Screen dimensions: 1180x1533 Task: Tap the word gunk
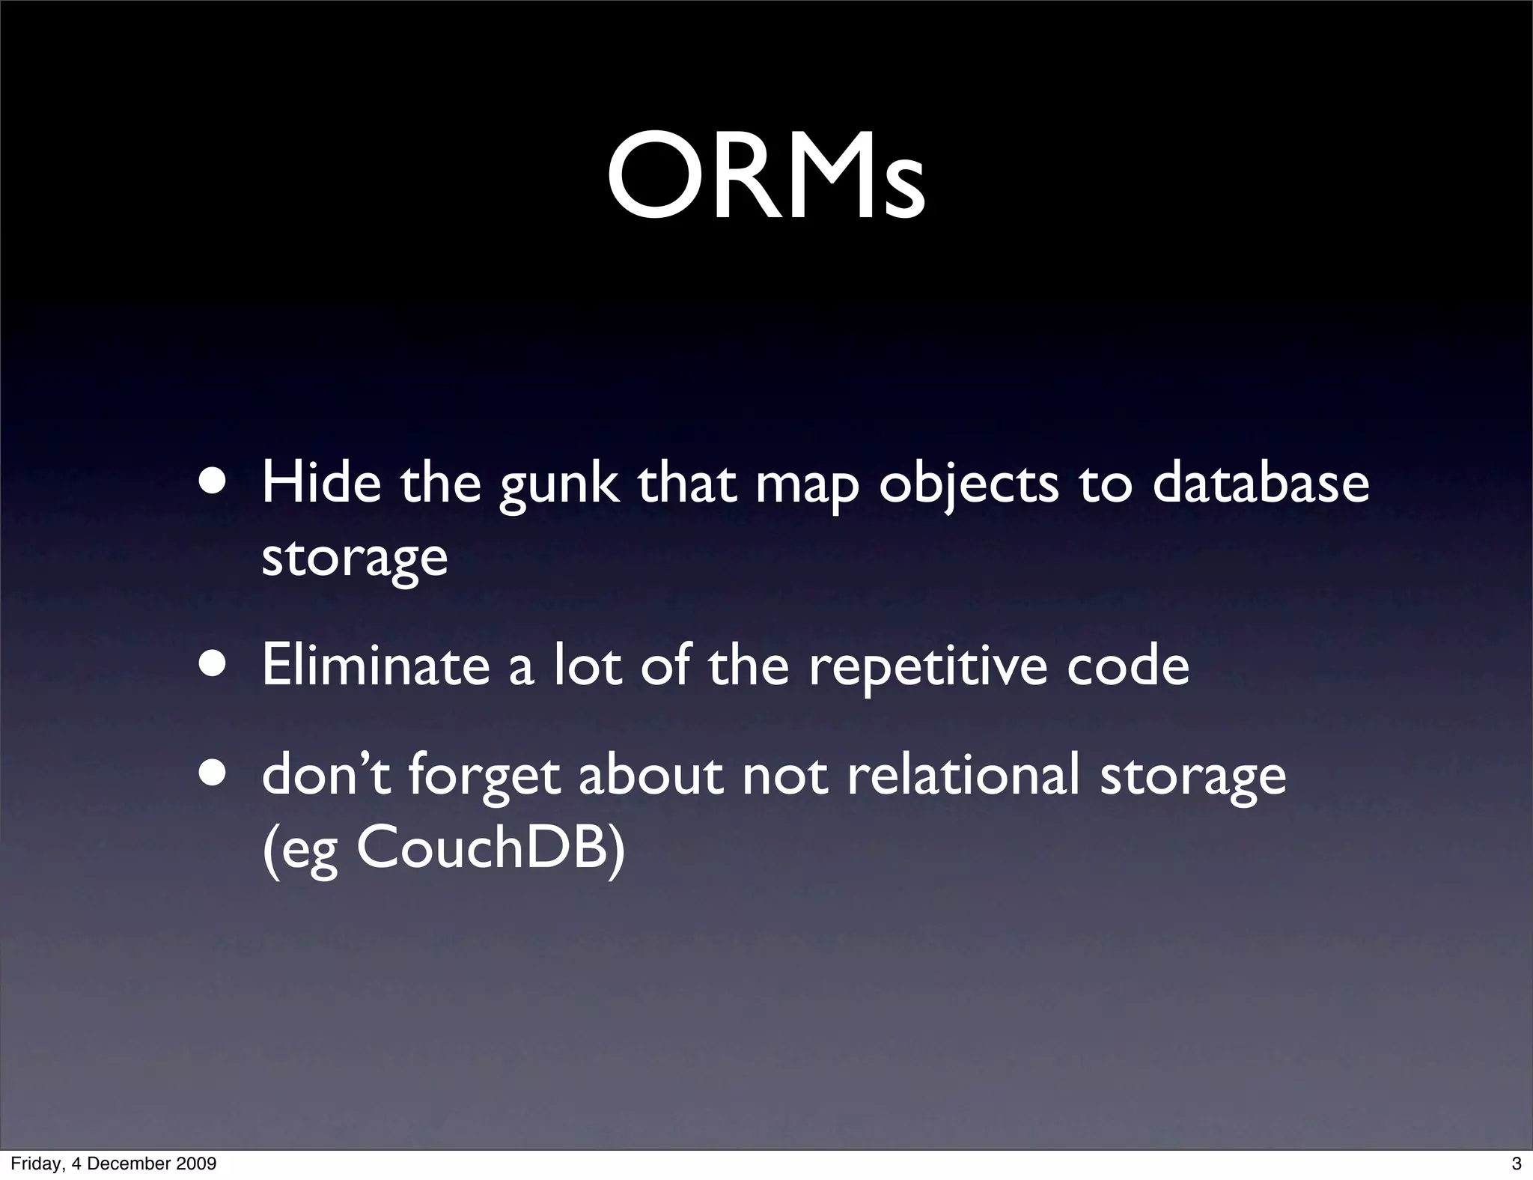point(559,487)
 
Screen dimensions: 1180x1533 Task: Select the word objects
point(969,487)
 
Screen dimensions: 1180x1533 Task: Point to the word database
point(1261,483)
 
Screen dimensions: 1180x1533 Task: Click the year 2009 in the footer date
point(197,1164)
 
